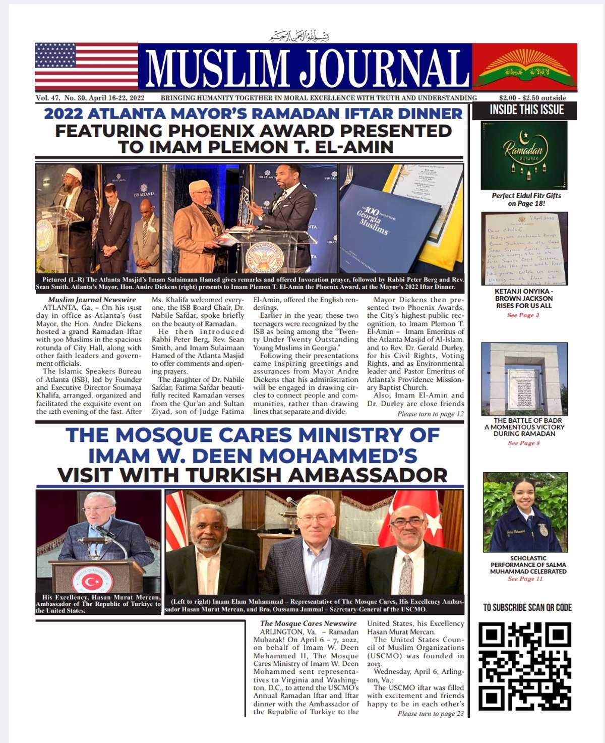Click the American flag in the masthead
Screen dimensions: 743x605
click(x=86, y=66)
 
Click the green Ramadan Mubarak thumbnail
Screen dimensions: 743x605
click(x=524, y=155)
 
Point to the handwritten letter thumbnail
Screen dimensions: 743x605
click(x=524, y=249)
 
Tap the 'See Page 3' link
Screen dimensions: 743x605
click(x=523, y=315)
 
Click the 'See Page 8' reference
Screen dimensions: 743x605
click(x=524, y=443)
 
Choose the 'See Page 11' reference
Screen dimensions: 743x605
click(x=525, y=579)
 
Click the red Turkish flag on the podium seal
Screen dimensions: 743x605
click(x=92, y=582)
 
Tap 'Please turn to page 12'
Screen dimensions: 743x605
click(x=430, y=414)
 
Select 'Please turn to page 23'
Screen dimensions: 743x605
click(x=430, y=714)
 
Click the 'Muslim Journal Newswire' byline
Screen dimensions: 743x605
click(x=92, y=300)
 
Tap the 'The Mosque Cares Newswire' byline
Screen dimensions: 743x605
click(x=308, y=623)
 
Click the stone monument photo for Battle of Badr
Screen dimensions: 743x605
click(x=524, y=378)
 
